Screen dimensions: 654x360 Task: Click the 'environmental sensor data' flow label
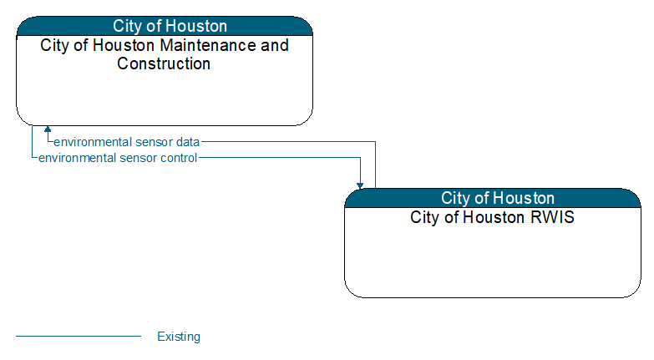point(127,142)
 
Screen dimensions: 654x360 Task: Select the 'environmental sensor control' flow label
point(118,158)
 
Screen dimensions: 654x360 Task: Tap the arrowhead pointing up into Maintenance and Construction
point(48,129)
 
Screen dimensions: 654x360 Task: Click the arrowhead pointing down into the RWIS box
point(360,185)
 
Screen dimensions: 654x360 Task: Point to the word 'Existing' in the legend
point(179,337)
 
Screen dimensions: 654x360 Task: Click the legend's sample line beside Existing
point(79,336)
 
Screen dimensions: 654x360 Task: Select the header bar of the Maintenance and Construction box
point(165,26)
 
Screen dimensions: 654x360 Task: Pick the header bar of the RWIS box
point(493,198)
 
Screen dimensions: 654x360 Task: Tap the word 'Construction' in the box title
point(164,63)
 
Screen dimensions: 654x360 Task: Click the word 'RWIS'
point(552,217)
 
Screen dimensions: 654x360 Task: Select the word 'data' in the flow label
point(188,142)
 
